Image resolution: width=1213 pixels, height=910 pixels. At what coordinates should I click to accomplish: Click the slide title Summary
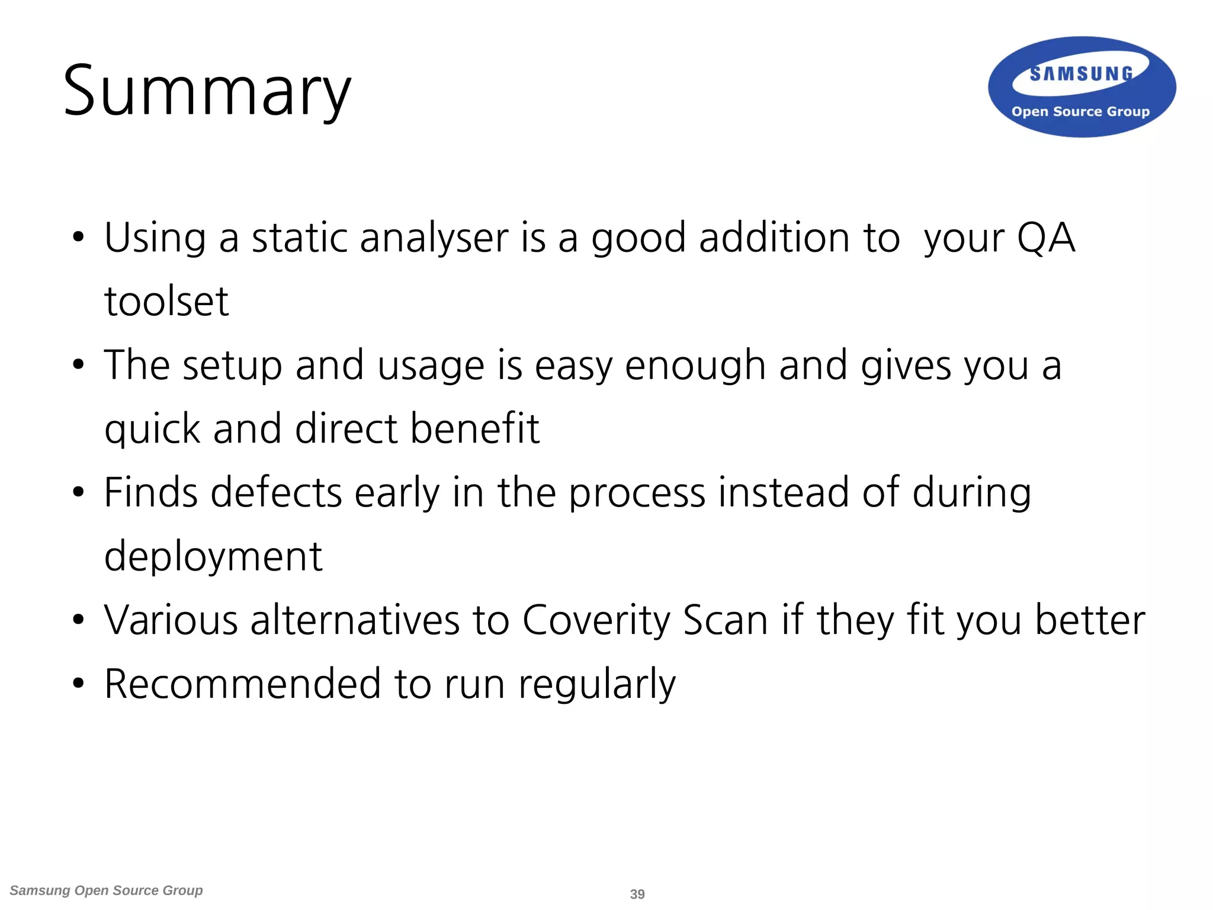click(207, 92)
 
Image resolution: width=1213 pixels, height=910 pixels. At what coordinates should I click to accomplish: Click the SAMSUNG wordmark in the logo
click(1081, 73)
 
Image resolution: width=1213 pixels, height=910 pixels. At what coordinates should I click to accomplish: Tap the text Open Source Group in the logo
click(1080, 111)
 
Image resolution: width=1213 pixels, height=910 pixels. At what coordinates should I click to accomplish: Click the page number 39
click(637, 894)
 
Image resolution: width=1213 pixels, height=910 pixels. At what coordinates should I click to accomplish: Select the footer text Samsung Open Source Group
click(107, 890)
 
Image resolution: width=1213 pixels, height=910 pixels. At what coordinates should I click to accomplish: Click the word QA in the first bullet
click(1045, 238)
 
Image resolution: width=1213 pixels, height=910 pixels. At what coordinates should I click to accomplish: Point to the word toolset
click(166, 301)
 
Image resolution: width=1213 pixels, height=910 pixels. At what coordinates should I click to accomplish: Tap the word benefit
click(475, 428)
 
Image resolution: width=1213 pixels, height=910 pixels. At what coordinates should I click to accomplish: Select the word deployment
click(213, 556)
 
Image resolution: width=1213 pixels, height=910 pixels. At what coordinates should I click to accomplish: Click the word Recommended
click(242, 684)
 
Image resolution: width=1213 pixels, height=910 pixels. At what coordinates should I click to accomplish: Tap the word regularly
click(597, 685)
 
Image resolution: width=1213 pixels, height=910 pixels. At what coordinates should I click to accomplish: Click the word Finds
click(151, 492)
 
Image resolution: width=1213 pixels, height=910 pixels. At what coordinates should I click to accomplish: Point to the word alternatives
click(355, 620)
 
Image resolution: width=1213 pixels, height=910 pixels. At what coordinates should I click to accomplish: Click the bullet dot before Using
click(78, 238)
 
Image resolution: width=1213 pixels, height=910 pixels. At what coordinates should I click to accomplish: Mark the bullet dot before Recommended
click(78, 684)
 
